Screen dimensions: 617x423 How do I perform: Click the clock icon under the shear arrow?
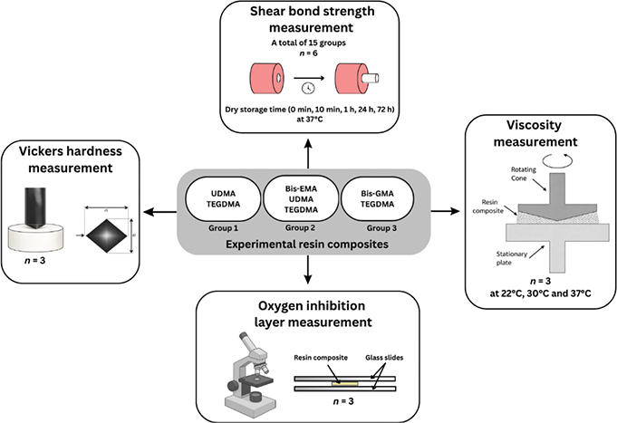(308, 88)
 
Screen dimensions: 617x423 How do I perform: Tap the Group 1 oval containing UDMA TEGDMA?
(223, 198)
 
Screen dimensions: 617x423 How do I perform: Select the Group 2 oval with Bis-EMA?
(301, 198)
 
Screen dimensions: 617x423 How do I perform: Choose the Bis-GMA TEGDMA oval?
(378, 198)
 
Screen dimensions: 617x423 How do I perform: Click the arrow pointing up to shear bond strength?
(308, 153)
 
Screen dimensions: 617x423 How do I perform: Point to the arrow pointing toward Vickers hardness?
(159, 213)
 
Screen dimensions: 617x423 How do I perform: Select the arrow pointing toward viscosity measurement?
(445, 212)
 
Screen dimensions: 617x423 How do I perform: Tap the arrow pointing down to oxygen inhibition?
(308, 269)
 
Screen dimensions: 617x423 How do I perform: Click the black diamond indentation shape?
(107, 236)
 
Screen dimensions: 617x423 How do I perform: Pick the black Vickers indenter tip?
(35, 208)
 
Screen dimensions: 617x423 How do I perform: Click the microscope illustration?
(249, 372)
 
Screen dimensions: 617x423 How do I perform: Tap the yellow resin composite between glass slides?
(344, 383)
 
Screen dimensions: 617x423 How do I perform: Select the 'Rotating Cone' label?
(524, 174)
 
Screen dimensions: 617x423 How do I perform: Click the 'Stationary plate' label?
(512, 258)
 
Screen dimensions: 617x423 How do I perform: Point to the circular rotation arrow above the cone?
(557, 160)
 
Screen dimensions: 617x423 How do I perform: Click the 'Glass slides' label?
(384, 358)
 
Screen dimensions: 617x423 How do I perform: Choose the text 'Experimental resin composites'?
(307, 245)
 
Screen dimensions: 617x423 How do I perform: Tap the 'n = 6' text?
(308, 53)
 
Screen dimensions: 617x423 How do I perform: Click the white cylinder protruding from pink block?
(370, 78)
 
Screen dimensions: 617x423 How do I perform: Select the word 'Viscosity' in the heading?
(534, 125)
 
